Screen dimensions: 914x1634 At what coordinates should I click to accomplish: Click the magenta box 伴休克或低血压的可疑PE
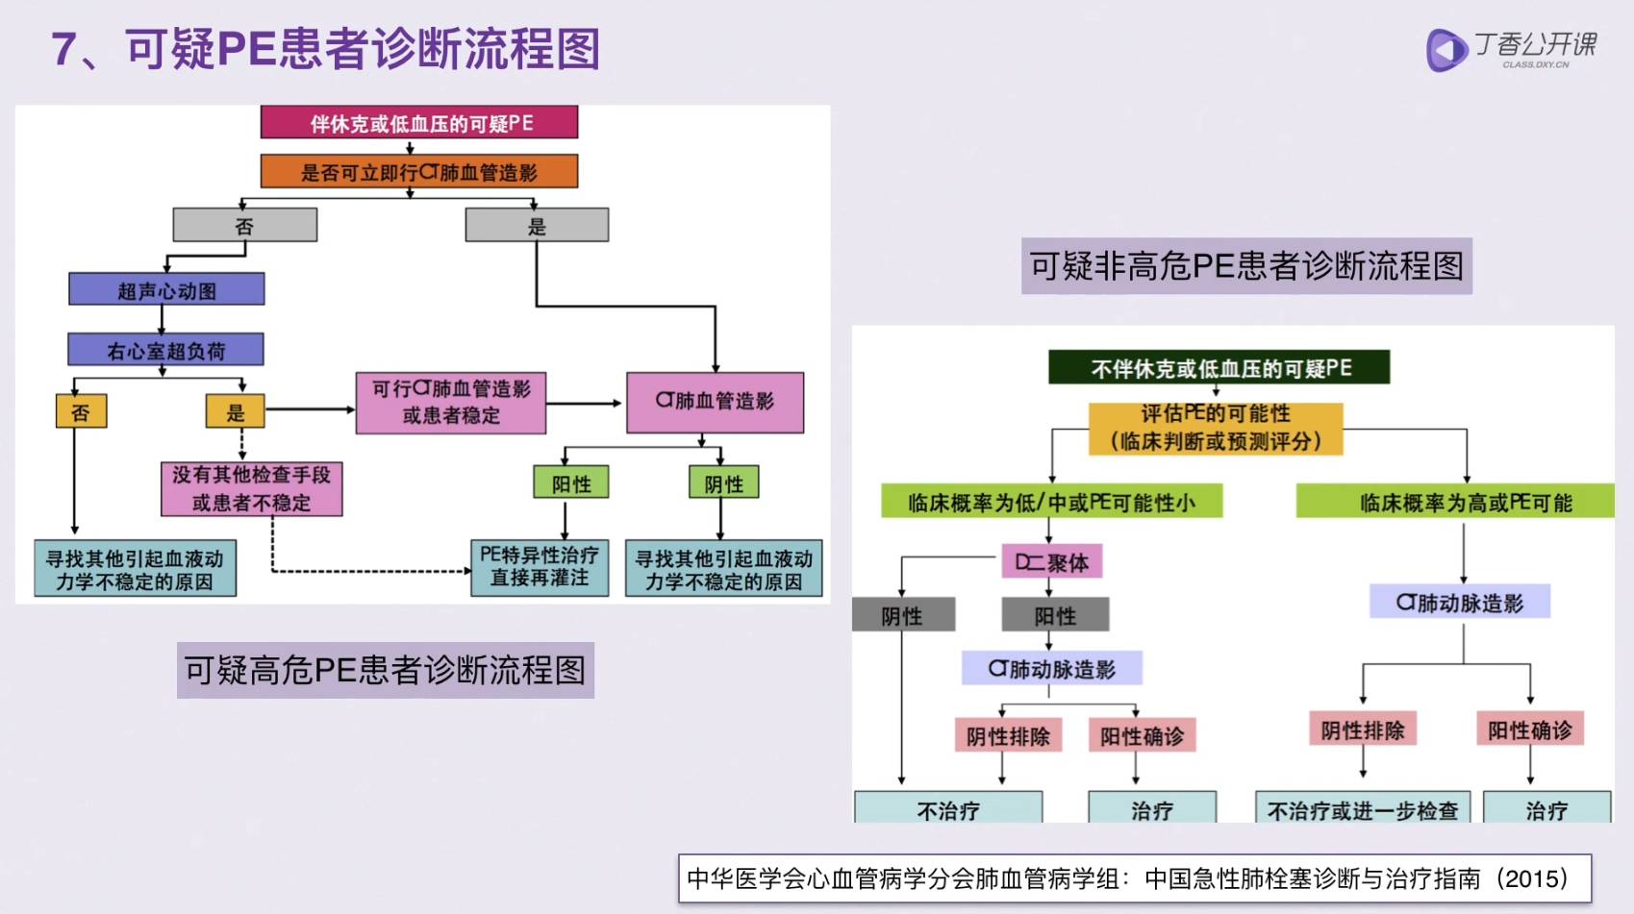(x=419, y=123)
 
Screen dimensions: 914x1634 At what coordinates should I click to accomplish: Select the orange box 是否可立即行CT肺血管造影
(x=419, y=172)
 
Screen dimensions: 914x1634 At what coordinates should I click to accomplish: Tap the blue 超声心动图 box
(x=166, y=289)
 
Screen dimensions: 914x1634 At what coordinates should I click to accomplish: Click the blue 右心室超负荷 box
(x=165, y=350)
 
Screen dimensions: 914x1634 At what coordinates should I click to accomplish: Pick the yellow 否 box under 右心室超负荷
(x=81, y=411)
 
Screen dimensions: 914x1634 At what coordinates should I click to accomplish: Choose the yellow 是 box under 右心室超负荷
(x=235, y=411)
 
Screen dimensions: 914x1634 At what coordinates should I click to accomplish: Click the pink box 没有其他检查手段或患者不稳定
(x=251, y=488)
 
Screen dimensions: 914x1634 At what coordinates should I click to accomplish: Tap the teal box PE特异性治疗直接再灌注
(x=540, y=567)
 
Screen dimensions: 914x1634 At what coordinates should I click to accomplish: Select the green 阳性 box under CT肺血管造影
(x=571, y=482)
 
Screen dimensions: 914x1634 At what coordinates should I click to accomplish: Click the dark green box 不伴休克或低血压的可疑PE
(x=1219, y=367)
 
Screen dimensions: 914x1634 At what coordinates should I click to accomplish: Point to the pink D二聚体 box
(x=1051, y=561)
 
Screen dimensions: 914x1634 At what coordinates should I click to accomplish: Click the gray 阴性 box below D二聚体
(x=903, y=615)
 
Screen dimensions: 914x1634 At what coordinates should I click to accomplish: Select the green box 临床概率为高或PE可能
(x=1454, y=502)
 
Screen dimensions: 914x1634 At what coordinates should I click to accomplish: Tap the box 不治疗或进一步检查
(x=1362, y=809)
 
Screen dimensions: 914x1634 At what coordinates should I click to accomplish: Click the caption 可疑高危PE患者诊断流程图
(x=385, y=670)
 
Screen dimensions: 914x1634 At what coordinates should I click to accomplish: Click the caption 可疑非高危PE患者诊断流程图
(x=1246, y=265)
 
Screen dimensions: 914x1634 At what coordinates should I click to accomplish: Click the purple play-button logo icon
(x=1445, y=50)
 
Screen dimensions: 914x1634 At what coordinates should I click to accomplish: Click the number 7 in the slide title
(x=64, y=49)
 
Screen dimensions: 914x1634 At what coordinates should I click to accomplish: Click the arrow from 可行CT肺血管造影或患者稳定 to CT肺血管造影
(x=585, y=404)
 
